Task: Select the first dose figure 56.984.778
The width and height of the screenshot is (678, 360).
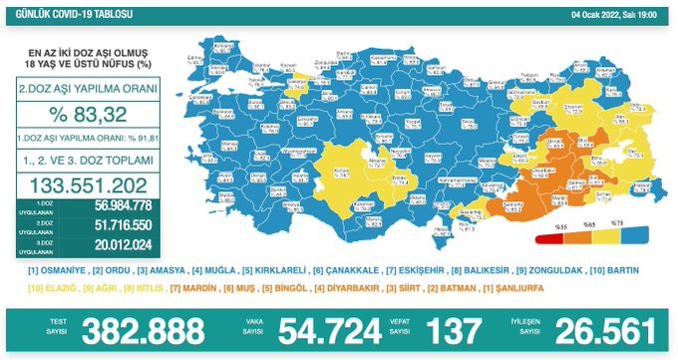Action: tap(109, 206)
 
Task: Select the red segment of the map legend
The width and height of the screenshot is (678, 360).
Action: tap(550, 238)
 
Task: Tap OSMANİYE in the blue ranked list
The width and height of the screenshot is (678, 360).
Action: tap(62, 270)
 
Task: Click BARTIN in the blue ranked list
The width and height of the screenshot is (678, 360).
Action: tap(617, 270)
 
